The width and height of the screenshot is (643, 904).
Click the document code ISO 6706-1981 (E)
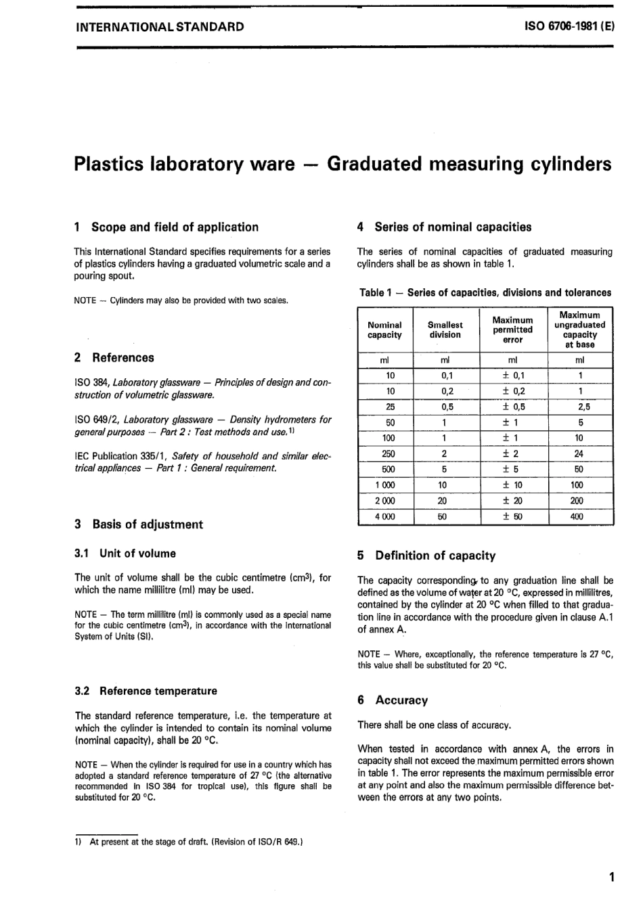coord(569,28)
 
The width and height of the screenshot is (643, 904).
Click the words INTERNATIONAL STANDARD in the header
coord(160,28)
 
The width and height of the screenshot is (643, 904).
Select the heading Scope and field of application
coord(175,227)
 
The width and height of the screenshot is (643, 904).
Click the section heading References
coord(123,358)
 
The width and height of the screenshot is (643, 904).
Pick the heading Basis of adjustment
coord(147,524)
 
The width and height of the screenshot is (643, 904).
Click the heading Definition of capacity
coord(435,556)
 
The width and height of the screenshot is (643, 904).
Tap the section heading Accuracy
coord(401,700)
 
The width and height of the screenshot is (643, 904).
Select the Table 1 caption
coord(485,293)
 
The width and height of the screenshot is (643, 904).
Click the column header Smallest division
coord(445,330)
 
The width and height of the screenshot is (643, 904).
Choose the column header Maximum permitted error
coord(512,330)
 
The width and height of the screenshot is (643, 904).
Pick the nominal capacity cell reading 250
coord(390,454)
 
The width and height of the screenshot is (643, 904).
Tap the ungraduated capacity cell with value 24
coord(580,454)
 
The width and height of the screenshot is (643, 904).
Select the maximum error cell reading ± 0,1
coord(513,376)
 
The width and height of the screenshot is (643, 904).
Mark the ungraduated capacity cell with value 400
coord(580,516)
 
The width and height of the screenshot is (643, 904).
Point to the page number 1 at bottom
coord(611,878)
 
